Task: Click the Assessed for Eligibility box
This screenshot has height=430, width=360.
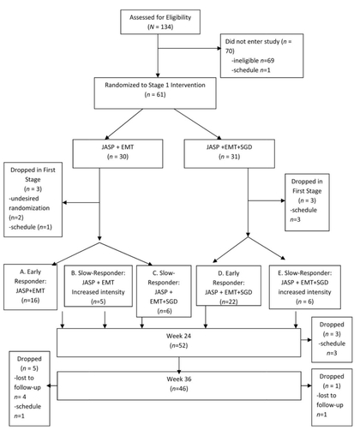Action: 160,22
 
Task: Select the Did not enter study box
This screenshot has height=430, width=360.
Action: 261,56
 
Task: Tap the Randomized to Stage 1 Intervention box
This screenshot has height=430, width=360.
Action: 155,93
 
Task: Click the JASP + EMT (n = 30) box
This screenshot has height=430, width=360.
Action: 117,153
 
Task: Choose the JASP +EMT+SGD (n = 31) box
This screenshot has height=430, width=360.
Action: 230,153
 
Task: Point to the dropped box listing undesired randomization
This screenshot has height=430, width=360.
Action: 33,200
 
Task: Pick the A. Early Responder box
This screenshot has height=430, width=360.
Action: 30,287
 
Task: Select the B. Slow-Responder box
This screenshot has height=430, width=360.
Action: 99,286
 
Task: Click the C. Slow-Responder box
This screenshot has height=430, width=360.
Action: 164,291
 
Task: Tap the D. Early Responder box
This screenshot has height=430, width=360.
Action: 229,285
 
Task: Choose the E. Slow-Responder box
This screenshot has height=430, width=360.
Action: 305,287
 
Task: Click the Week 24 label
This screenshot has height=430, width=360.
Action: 179,336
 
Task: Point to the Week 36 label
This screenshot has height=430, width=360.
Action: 179,379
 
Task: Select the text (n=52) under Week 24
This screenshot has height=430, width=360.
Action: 179,345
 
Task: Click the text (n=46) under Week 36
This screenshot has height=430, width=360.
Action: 179,389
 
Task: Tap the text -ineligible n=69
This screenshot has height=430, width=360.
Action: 253,61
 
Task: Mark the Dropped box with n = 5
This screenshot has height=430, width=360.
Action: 29,389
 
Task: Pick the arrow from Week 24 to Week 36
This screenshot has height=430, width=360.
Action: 179,365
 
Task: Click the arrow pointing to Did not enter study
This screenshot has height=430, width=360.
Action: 189,48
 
